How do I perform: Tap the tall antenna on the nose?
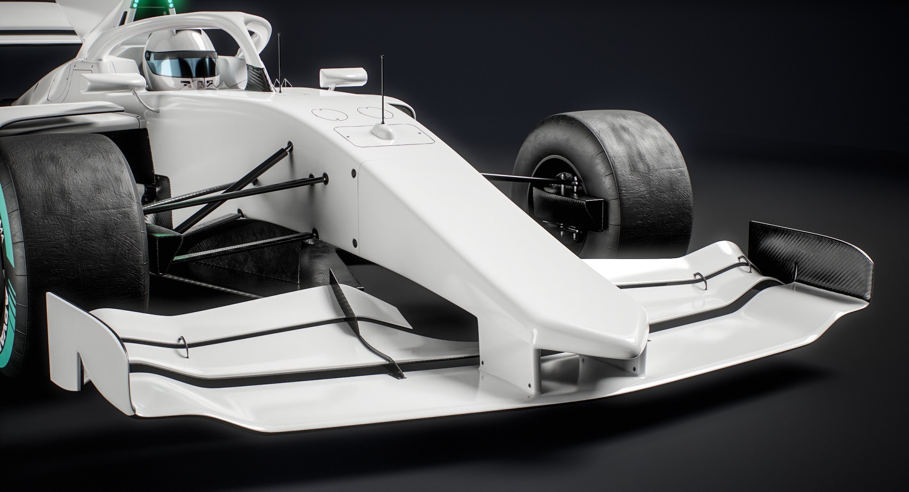coord(382,90)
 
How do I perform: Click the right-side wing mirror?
coord(343,76)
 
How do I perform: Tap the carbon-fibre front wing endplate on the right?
coord(805,256)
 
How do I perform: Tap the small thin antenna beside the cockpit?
coord(279,62)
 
